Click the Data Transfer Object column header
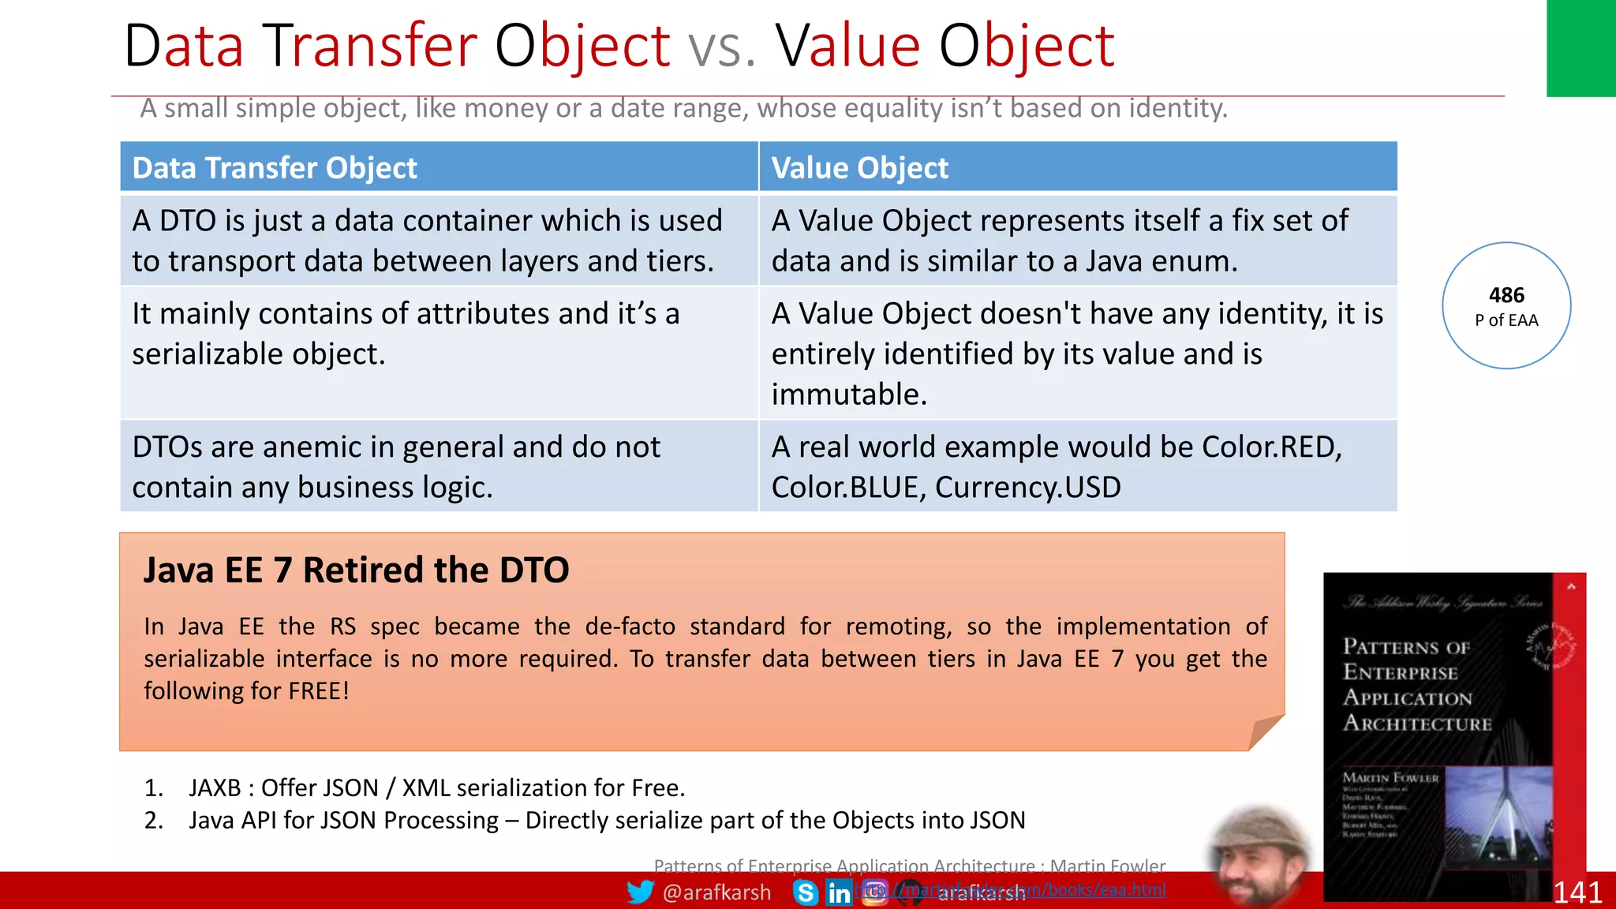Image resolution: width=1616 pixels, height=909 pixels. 275,168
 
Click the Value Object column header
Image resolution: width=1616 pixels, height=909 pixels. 859,168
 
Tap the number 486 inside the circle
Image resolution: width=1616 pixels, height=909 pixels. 1506,295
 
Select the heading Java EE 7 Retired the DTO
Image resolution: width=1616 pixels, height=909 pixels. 356,570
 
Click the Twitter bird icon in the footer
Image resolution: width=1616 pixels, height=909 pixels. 640,892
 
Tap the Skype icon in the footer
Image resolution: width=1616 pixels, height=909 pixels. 806,892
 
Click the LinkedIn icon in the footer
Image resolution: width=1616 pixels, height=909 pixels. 839,892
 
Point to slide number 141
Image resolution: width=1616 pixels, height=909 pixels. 1577,892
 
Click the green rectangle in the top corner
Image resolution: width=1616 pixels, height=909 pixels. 1580,47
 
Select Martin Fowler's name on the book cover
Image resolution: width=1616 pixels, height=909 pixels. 1390,777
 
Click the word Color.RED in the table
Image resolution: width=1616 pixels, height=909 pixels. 1270,447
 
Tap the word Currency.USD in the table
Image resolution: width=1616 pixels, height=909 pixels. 1027,488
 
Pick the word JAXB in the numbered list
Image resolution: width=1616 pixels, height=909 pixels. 215,787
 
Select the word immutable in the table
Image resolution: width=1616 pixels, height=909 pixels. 848,395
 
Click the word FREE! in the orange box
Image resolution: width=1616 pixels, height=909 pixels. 318,691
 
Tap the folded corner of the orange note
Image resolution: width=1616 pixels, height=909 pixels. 1264,731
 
